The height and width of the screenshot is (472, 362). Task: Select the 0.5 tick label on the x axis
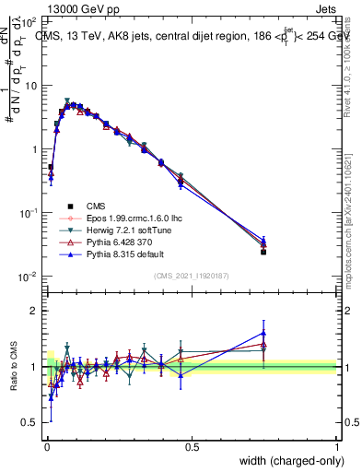pos(192,446)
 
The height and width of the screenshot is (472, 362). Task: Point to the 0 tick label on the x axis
pos(46,446)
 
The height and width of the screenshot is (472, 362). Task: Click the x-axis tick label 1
pos(337,446)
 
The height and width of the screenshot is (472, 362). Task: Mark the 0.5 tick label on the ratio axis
pos(30,423)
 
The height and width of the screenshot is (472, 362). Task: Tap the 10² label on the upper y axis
pos(29,21)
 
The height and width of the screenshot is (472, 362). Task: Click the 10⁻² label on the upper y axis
pos(29,277)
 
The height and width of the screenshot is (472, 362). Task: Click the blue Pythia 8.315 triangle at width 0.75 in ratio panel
pos(264,334)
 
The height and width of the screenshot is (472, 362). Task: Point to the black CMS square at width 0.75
pos(264,251)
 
